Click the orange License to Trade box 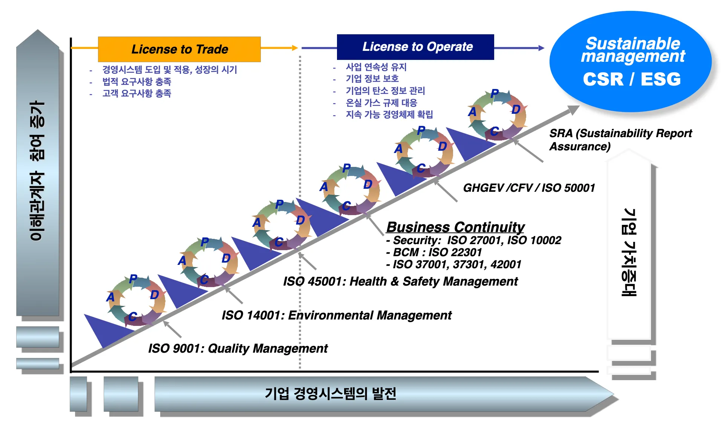[179, 49]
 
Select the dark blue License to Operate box [415, 47]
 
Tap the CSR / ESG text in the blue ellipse [632, 79]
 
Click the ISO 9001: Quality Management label [238, 349]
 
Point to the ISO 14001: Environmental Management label [337, 315]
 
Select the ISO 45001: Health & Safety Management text [400, 281]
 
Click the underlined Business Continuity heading [455, 227]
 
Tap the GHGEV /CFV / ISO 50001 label [529, 188]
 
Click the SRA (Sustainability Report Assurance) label [620, 140]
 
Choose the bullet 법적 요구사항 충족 [136, 82]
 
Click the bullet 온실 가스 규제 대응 [381, 103]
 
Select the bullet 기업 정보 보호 [372, 79]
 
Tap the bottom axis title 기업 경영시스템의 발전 [331, 394]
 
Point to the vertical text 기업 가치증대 [629, 252]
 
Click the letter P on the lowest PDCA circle [133, 279]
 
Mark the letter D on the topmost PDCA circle [516, 110]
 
